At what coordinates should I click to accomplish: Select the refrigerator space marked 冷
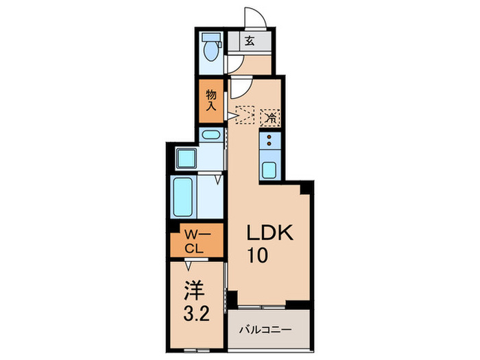click(271, 117)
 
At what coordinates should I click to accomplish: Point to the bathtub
click(183, 197)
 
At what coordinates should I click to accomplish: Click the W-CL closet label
click(195, 240)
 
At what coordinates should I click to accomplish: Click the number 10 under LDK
click(259, 256)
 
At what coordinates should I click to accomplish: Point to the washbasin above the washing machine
click(211, 134)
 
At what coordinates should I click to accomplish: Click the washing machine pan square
click(185, 158)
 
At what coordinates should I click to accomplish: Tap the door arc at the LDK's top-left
click(241, 88)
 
